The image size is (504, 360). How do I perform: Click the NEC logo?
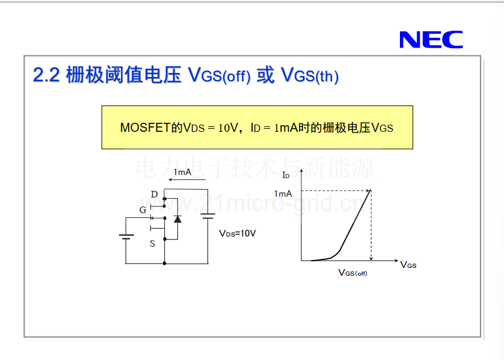coord(431,40)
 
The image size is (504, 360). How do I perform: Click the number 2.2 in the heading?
coord(46,75)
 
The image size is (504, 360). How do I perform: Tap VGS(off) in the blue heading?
coord(219,75)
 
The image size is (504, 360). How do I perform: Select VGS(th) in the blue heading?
coord(310,75)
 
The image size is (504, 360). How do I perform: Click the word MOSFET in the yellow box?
coord(144,128)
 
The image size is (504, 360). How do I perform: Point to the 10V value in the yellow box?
coord(228,128)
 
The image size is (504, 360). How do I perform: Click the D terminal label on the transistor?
coord(155,194)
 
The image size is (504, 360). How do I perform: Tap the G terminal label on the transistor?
coord(143,209)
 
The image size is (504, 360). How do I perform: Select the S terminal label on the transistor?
coord(152,244)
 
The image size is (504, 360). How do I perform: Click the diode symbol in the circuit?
coord(177,219)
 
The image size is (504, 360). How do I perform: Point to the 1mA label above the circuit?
coord(182,172)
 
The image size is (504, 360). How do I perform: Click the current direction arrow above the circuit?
coord(187,179)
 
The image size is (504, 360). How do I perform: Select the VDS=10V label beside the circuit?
coord(237,233)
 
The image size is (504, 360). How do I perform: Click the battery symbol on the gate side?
coord(126,237)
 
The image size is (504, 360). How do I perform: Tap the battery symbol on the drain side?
coord(208,216)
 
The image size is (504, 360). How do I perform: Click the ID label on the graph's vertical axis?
coord(286,175)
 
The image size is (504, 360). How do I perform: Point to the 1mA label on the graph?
coord(283,194)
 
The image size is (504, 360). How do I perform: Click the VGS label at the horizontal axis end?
coord(408,265)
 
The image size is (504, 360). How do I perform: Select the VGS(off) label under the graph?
coord(352,273)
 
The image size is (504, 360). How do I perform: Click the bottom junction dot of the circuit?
coord(165,264)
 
